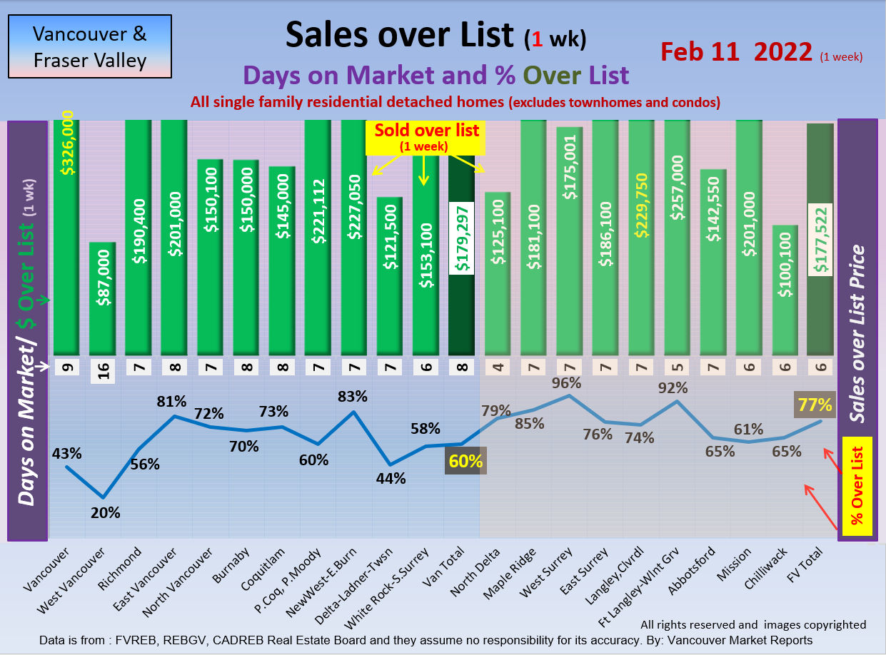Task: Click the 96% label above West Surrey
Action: pos(567,382)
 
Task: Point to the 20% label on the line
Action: pos(106,512)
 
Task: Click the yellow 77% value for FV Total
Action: pos(815,405)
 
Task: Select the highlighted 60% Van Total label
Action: pos(465,462)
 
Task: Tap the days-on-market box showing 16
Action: pos(102,372)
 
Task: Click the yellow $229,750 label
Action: pos(641,205)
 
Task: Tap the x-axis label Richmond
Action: pos(122,564)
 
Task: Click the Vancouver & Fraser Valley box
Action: pos(90,46)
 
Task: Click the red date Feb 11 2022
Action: pos(736,51)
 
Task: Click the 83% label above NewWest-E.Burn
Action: pos(353,396)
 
